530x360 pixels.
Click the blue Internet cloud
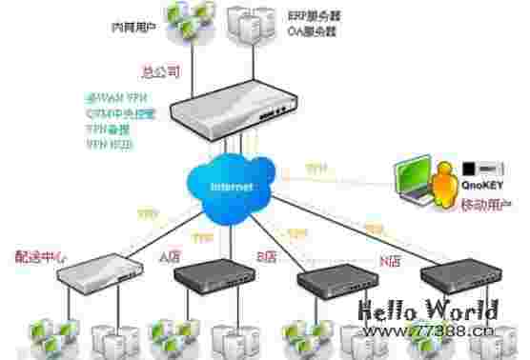click(231, 185)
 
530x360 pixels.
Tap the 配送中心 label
click(42, 257)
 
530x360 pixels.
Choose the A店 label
click(169, 256)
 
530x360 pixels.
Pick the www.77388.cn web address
click(435, 331)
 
